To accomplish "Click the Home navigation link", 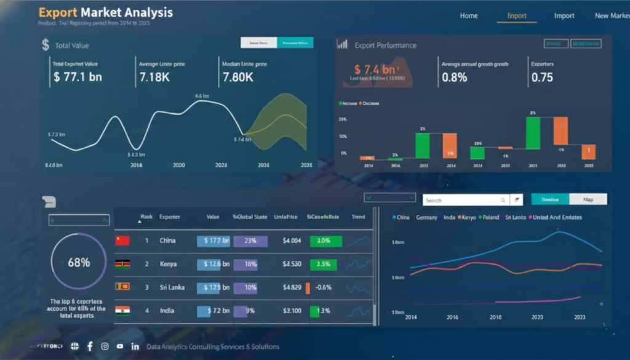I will [469, 16].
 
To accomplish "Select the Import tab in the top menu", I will [564, 16].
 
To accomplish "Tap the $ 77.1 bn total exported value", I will [78, 78].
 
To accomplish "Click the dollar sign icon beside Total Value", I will [46, 45].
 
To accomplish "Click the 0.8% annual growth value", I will [455, 78].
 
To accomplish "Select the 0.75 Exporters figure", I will [542, 78].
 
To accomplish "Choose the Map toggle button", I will [588, 199].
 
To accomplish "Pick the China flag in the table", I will [122, 241].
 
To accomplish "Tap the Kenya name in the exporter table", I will [168, 264].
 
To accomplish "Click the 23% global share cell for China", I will [250, 241].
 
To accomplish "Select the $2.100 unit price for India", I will [292, 311].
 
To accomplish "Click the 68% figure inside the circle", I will [79, 262].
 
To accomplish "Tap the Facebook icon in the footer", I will [90, 346].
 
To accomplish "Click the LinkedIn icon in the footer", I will [135, 346].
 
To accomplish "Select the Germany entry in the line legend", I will [426, 217].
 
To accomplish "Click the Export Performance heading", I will [385, 45].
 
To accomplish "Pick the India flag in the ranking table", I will [122, 311].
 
